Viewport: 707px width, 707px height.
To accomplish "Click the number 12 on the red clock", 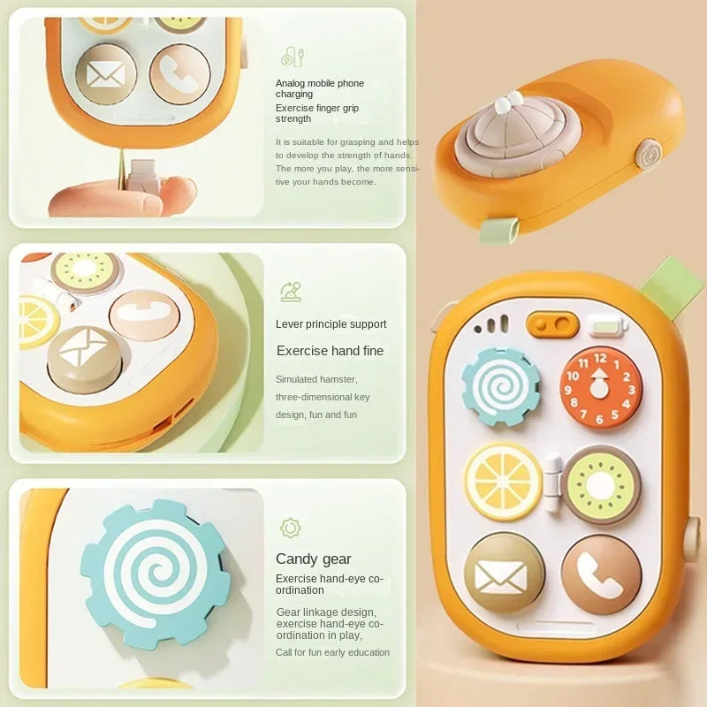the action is pyautogui.click(x=600, y=359).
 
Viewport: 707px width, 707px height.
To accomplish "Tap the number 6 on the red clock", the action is pyautogui.click(x=599, y=419).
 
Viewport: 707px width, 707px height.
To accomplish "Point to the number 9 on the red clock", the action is pyautogui.click(x=568, y=390).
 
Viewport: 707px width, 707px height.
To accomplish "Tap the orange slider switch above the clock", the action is pyautogui.click(x=552, y=323).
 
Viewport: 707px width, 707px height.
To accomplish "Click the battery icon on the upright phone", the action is pyautogui.click(x=607, y=326).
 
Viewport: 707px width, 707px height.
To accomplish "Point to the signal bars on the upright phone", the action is pyautogui.click(x=491, y=324).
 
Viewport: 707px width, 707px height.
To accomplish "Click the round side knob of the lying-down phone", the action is pyautogui.click(x=650, y=155).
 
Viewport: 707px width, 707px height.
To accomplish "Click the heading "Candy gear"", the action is pyautogui.click(x=314, y=559).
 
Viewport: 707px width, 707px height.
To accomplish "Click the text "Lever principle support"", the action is pyautogui.click(x=331, y=323).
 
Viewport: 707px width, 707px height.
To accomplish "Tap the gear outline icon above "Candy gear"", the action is pyautogui.click(x=291, y=528).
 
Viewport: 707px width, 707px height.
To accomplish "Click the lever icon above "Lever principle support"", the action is pyautogui.click(x=291, y=292).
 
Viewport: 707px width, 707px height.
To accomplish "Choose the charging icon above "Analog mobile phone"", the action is pyautogui.click(x=293, y=57).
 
